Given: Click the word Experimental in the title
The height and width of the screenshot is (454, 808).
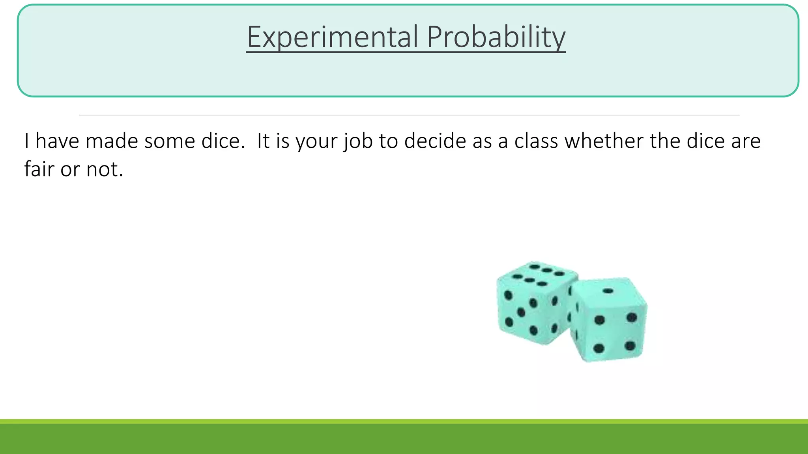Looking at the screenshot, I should [x=332, y=37].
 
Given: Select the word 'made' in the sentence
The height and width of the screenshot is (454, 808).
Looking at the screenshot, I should [x=111, y=141].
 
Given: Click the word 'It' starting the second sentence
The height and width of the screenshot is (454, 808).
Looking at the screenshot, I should [x=263, y=141].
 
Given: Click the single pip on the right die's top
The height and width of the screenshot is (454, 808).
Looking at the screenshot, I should [x=608, y=291].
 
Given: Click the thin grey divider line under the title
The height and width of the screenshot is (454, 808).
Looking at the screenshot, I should [x=409, y=115].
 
